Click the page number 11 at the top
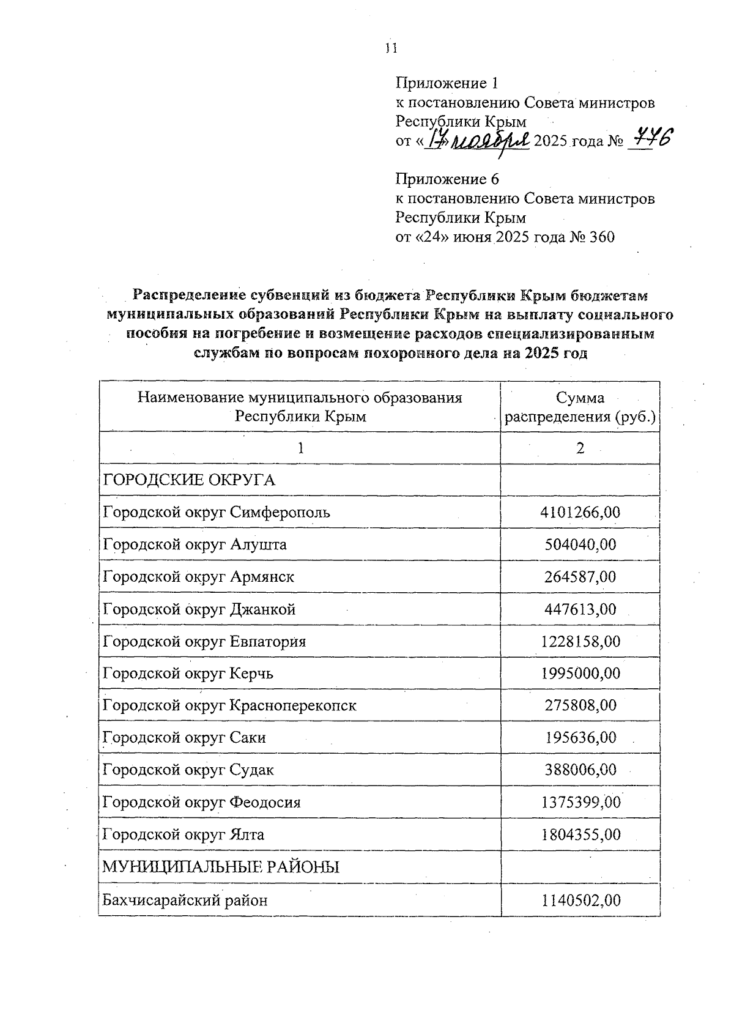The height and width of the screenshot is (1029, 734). click(391, 48)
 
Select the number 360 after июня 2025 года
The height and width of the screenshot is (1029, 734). click(602, 237)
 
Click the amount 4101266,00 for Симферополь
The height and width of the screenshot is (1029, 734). click(580, 512)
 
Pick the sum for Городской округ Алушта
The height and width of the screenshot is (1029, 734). click(580, 544)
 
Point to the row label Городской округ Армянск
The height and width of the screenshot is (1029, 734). click(199, 577)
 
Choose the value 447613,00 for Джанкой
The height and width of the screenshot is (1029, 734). click(580, 609)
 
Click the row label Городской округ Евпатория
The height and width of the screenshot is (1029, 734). click(204, 641)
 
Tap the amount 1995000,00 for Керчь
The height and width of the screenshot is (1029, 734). click(580, 674)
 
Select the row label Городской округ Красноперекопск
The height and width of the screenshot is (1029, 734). click(229, 705)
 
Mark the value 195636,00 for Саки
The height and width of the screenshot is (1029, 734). click(580, 738)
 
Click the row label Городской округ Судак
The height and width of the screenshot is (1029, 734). click(188, 770)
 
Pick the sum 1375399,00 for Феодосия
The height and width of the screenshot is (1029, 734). click(580, 802)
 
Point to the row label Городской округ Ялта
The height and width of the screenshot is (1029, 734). click(183, 834)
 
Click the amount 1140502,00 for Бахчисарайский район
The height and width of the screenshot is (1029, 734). click(580, 900)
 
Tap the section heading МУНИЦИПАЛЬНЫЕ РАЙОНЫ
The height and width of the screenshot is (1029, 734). click(221, 867)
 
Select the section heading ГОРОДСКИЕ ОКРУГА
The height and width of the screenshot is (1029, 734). click(189, 480)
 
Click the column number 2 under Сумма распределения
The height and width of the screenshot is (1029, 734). click(580, 448)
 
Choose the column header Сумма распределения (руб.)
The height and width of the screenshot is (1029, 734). click(580, 407)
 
